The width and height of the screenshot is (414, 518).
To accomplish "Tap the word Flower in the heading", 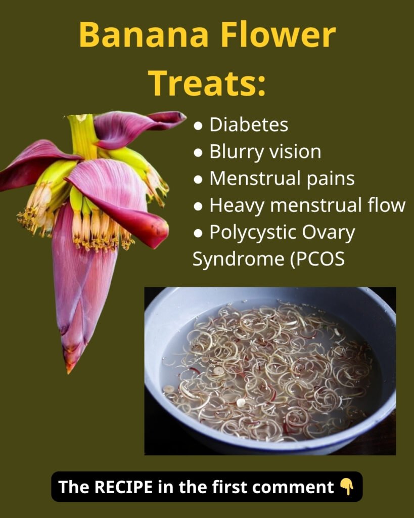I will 284,35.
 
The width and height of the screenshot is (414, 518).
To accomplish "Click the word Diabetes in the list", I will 249,125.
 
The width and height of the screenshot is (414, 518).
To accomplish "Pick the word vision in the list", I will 293,152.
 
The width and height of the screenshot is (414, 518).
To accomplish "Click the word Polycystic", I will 252,233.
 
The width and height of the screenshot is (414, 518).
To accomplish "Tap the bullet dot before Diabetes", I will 198,125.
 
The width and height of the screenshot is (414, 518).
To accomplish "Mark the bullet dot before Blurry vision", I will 198,152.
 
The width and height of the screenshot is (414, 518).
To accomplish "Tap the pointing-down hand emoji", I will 347,487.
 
